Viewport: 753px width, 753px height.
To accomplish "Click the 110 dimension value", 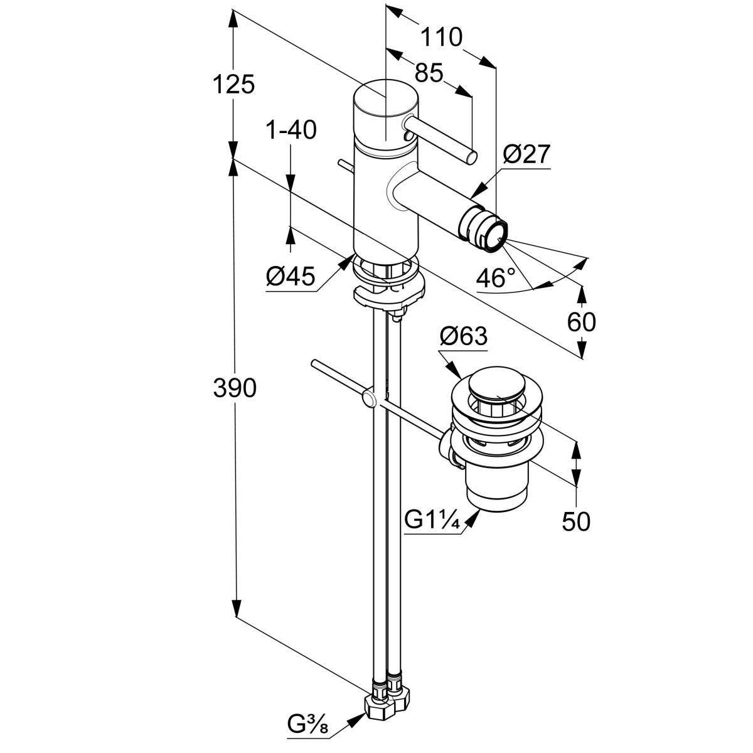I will (x=441, y=38).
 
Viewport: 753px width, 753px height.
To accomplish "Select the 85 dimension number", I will (x=429, y=73).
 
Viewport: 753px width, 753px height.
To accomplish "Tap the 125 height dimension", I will (x=233, y=83).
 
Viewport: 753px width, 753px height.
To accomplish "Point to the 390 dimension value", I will (x=234, y=389).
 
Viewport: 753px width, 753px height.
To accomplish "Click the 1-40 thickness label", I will (x=291, y=131).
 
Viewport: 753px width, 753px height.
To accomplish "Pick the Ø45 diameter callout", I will (x=289, y=276).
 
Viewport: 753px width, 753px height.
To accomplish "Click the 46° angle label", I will (x=495, y=278).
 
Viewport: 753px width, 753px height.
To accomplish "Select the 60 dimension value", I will (x=581, y=323).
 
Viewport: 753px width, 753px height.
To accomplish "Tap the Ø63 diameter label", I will (x=463, y=337).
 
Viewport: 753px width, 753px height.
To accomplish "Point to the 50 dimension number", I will (x=576, y=521).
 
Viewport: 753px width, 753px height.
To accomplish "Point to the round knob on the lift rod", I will (x=369, y=399).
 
